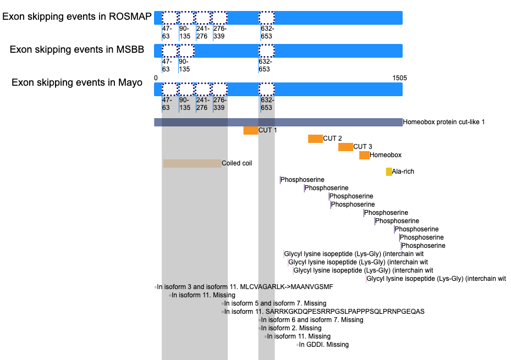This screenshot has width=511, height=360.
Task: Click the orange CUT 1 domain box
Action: click(x=251, y=130)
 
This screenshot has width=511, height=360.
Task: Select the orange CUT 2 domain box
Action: click(x=316, y=139)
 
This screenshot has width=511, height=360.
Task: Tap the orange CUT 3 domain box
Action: click(x=345, y=147)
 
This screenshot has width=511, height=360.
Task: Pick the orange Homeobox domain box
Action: click(x=364, y=155)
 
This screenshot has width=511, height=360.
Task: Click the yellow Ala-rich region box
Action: click(x=389, y=171)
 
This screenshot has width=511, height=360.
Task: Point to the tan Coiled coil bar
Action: click(x=193, y=163)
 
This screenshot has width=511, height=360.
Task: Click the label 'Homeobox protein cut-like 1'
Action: click(x=444, y=122)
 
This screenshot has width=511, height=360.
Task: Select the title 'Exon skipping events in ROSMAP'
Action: click(x=77, y=16)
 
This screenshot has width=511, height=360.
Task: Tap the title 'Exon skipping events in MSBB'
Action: click(x=77, y=49)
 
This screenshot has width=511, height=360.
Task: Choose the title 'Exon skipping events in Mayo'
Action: click(x=77, y=82)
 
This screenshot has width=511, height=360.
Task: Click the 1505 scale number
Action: click(x=399, y=78)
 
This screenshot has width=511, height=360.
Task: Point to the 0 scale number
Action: click(x=156, y=78)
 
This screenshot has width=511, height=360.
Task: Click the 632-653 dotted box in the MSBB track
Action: click(x=267, y=51)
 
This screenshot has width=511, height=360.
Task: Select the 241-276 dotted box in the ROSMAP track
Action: click(x=203, y=18)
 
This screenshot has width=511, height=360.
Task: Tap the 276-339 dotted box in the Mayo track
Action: click(x=219, y=90)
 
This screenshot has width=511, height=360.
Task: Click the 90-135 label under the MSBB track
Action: click(x=184, y=65)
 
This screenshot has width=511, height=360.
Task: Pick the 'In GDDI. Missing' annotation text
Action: click(x=323, y=345)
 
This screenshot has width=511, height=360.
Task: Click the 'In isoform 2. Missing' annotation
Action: click(x=291, y=328)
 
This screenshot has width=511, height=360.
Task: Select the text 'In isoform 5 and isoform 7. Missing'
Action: click(x=275, y=303)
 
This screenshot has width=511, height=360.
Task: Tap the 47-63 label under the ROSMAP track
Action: click(x=167, y=32)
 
